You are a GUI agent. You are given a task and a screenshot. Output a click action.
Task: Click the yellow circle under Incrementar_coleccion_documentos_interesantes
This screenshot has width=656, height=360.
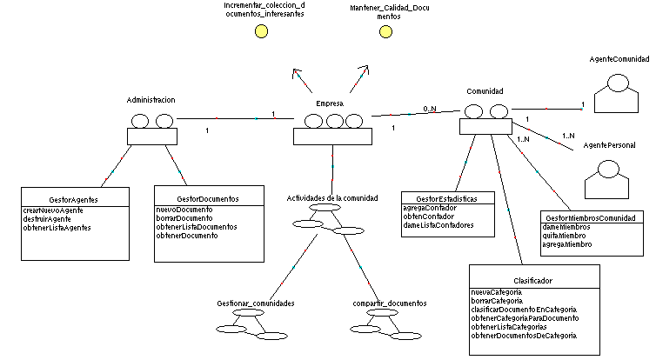pos(260,31)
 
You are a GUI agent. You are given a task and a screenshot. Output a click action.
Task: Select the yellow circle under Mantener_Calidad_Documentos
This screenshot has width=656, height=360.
pos(385,31)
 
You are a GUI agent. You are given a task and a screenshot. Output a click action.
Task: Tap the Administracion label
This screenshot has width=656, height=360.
pos(151,100)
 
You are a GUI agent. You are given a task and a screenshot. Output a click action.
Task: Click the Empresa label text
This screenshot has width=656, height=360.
pos(329,103)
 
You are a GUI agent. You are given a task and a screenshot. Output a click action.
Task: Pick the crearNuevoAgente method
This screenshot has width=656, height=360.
pos(53,210)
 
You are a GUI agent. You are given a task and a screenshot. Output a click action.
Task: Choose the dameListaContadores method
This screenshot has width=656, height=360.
pos(438,225)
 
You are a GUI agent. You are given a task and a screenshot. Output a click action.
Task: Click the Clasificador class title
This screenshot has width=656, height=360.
pos(534,281)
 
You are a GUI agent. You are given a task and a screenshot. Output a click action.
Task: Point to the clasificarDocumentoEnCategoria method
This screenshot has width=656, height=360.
pos(525,309)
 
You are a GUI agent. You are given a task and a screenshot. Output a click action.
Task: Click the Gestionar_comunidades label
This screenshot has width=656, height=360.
pos(255,303)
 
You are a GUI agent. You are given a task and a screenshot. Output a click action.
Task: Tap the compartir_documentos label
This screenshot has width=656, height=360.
pos(390,303)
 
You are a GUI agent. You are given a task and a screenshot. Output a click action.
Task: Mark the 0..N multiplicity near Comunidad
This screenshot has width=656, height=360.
pos(430,109)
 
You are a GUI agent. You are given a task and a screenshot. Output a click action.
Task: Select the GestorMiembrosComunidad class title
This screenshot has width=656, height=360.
pos(589,217)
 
